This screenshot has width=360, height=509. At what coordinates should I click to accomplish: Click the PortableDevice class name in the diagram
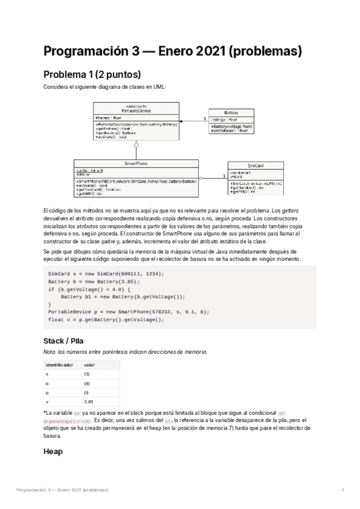coord(136,111)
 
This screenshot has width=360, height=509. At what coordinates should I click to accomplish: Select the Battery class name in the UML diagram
coord(230,113)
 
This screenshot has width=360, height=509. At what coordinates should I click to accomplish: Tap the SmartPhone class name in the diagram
coord(136,163)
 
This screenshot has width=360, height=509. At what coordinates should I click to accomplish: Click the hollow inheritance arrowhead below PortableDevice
coord(137,144)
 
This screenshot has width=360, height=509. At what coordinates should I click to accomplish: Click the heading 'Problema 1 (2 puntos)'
coord(92,75)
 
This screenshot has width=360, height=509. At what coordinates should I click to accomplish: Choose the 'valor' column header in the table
coord(89,364)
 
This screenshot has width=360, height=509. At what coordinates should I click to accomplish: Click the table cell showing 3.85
coord(89,401)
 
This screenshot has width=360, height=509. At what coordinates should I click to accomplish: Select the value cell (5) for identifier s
coord(87,373)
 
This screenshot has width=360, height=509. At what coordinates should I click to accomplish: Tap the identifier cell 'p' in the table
coord(47,392)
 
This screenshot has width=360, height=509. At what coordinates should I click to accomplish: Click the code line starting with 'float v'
coord(106,319)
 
